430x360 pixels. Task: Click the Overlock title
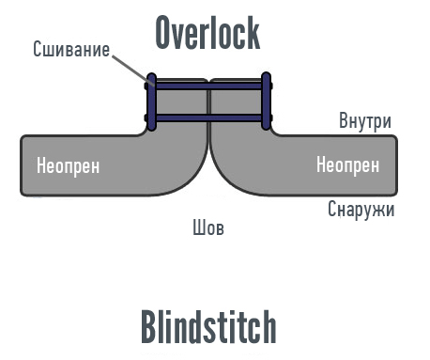207,33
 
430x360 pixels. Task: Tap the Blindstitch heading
208,327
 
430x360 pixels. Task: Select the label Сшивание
70,49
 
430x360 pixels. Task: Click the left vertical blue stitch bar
150,102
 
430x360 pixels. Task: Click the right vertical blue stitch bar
267,102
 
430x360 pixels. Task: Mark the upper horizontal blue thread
208,86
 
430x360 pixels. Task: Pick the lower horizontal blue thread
208,118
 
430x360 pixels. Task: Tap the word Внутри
365,121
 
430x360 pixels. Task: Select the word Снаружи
361,209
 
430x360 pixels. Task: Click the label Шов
207,227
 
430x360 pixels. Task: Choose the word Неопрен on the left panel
68,166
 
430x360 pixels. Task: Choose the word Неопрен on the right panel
347,165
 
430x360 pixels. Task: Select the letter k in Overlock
251,33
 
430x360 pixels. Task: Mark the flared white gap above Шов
208,188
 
